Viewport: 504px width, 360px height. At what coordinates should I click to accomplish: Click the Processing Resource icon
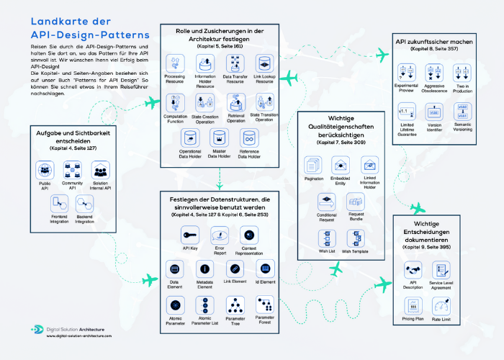click(x=175, y=63)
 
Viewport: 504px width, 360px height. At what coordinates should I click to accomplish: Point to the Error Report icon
click(x=220, y=235)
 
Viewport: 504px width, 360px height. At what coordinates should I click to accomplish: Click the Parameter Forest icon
click(x=264, y=304)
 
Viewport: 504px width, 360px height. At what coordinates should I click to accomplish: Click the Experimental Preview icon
click(x=405, y=72)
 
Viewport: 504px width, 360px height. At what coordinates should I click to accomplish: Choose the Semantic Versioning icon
click(x=462, y=112)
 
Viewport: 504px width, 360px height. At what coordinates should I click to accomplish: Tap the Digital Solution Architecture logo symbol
click(x=37, y=330)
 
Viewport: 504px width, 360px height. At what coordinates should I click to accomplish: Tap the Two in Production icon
click(x=462, y=72)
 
